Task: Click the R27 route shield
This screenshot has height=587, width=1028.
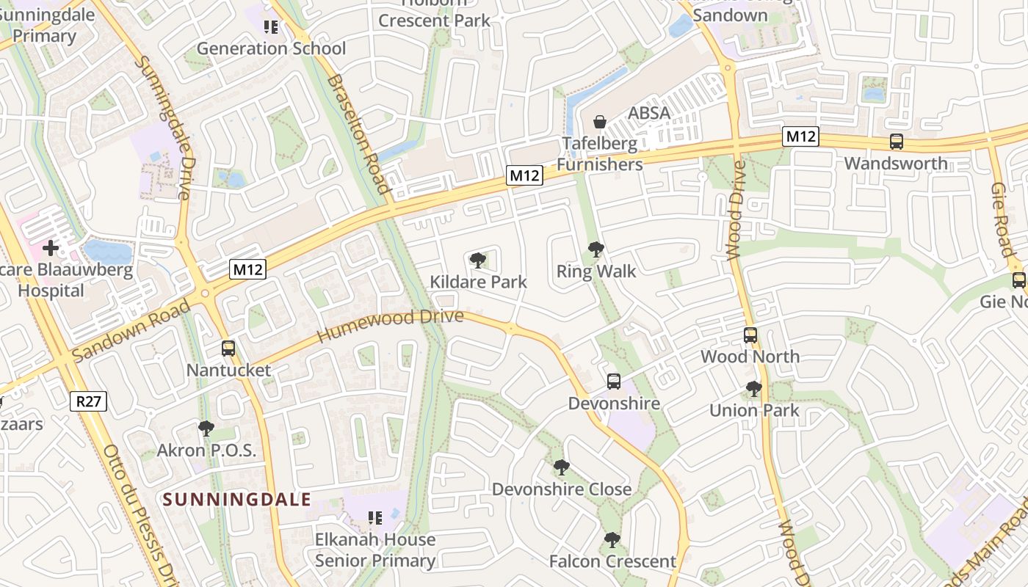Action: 89,401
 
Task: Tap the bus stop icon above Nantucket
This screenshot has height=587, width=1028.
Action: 228,349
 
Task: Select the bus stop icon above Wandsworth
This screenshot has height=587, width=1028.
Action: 896,142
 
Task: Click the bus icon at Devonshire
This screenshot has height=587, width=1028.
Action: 614,382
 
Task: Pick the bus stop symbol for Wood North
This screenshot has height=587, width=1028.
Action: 750,335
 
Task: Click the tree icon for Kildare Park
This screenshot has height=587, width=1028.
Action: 478,260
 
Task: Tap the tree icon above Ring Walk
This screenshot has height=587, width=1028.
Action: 596,249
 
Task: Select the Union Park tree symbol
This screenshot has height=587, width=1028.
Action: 753,389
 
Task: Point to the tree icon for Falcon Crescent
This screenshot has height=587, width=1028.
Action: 612,540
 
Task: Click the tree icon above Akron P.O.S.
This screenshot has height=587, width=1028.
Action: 206,429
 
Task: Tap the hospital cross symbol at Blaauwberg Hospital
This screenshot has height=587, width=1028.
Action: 51,248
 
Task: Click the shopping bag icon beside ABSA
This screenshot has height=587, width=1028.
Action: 600,122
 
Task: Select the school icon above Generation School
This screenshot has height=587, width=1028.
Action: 271,27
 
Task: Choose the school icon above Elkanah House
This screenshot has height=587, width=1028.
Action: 375,518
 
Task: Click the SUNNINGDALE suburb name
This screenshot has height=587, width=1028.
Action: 236,500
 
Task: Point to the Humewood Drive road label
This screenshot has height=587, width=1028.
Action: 390,326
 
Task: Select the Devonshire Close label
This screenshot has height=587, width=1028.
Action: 561,489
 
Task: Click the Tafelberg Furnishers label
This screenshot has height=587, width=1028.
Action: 599,154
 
